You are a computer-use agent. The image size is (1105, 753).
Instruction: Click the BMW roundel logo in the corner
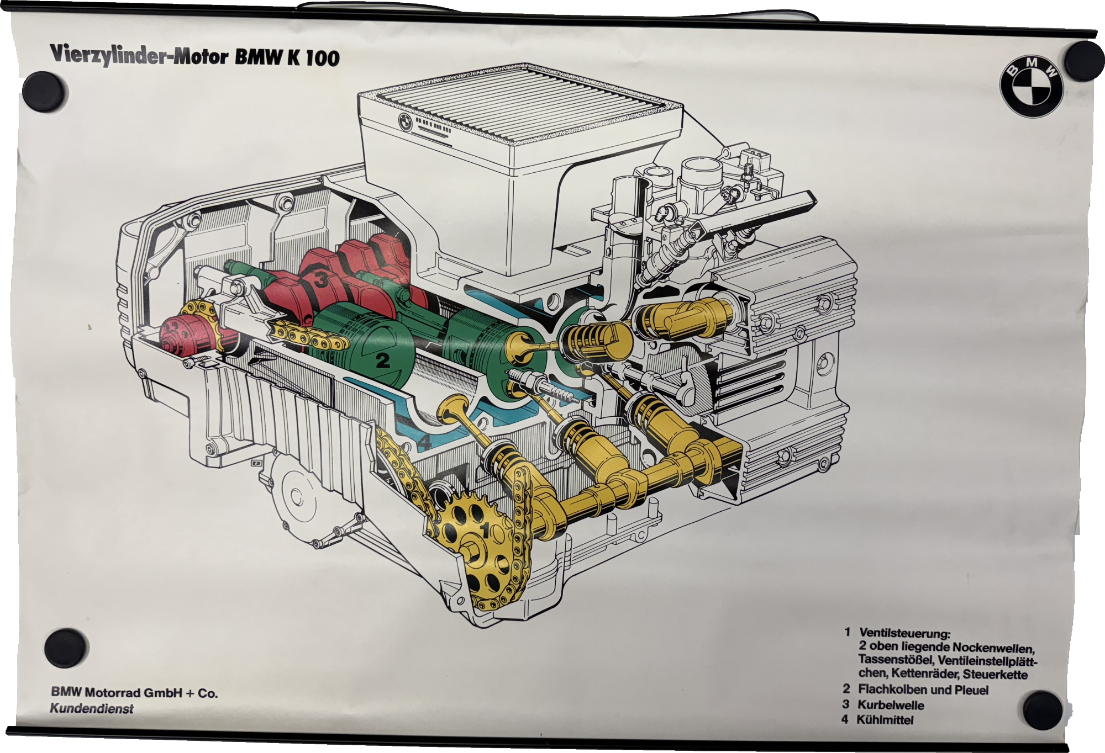[1031, 87]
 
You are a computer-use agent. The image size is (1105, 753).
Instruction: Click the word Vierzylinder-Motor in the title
[139, 56]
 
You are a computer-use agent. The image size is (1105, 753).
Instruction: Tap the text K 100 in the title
[313, 57]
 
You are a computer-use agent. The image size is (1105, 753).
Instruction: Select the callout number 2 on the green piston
[383, 360]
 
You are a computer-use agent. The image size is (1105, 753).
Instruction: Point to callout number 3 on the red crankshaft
[322, 280]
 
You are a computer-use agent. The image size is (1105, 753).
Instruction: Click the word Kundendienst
[92, 708]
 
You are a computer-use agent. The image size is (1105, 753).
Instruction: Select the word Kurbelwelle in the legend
[891, 705]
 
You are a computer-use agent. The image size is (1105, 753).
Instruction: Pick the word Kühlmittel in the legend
[885, 720]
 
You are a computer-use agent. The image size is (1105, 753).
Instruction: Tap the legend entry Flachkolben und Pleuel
[923, 690]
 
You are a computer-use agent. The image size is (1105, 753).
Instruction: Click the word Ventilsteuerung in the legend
[904, 633]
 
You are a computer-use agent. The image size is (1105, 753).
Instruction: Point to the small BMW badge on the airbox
[406, 122]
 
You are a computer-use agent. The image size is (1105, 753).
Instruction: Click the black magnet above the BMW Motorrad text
[66, 648]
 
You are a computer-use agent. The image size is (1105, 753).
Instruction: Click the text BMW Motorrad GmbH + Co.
[134, 693]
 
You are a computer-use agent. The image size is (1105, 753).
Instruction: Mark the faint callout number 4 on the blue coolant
[424, 442]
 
